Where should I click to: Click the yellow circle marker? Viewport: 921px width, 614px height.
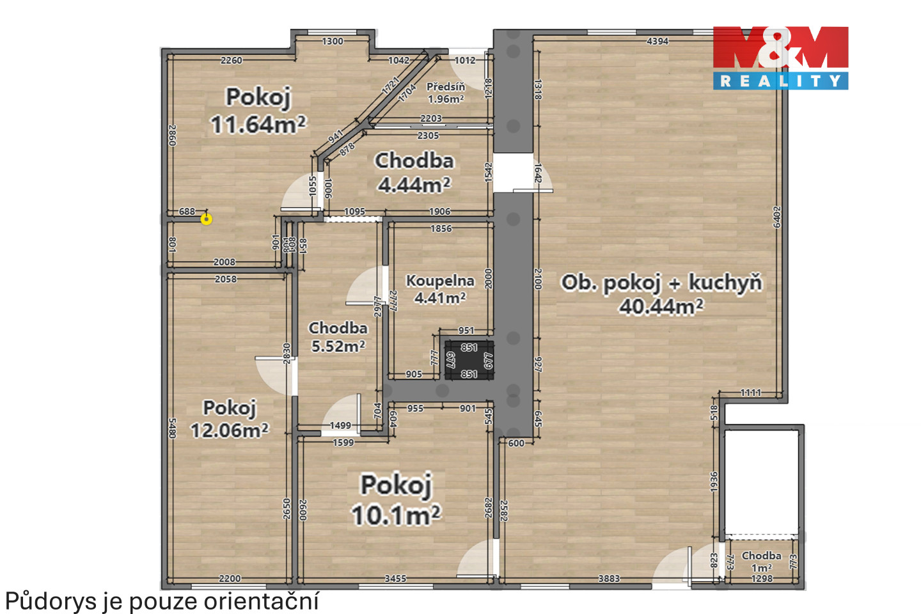pyautogui.click(x=207, y=219)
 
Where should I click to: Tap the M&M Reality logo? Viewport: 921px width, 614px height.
pyautogui.click(x=780, y=58)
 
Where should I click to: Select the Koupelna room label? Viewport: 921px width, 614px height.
pyautogui.click(x=440, y=281)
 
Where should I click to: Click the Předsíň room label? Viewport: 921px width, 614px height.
pyautogui.click(x=446, y=87)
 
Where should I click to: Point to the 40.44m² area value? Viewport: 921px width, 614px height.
pyautogui.click(x=661, y=306)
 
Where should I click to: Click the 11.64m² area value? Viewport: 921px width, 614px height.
pyautogui.click(x=258, y=124)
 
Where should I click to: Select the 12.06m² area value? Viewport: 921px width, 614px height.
pyautogui.click(x=230, y=430)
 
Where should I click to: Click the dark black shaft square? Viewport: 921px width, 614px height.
pyautogui.click(x=469, y=360)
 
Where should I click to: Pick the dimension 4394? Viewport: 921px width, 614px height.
pyautogui.click(x=657, y=41)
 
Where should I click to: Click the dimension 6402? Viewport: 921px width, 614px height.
pyautogui.click(x=776, y=217)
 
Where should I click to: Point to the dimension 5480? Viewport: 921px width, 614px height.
pyautogui.click(x=172, y=428)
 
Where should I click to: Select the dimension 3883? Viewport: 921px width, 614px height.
pyautogui.click(x=609, y=579)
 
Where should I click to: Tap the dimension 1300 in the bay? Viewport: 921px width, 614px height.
pyautogui.click(x=332, y=41)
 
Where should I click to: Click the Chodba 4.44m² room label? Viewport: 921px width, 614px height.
pyautogui.click(x=414, y=173)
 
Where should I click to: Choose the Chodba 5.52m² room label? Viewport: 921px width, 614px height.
pyautogui.click(x=338, y=337)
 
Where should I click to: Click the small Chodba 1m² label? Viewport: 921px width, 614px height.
pyautogui.click(x=762, y=562)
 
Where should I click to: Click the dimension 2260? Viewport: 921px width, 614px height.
pyautogui.click(x=232, y=61)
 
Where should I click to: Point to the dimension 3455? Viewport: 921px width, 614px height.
pyautogui.click(x=395, y=579)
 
